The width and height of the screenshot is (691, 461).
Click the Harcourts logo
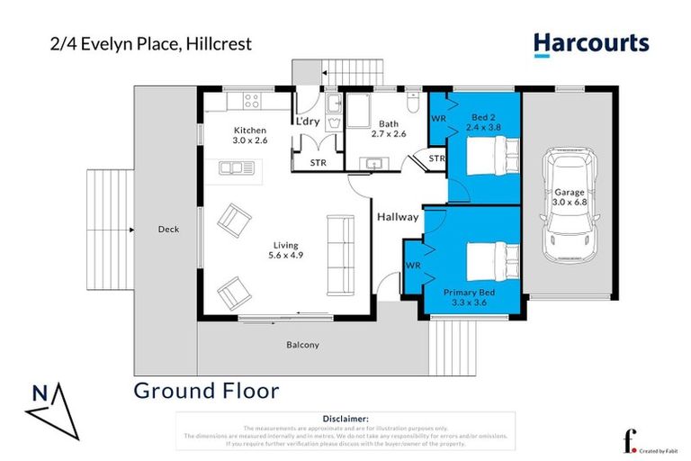pyautogui.click(x=590, y=43)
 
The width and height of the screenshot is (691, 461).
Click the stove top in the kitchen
pyautogui.click(x=250, y=101)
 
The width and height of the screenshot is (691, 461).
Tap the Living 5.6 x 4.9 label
pyautogui.click(x=287, y=250)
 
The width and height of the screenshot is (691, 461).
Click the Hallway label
pyautogui.click(x=397, y=217)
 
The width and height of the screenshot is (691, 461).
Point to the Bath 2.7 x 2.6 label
pyautogui.click(x=389, y=129)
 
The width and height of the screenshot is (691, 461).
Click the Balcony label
pyautogui.click(x=302, y=345)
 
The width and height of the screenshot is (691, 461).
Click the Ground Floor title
pyautogui.click(x=206, y=391)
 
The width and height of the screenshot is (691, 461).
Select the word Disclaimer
pyautogui.click(x=345, y=419)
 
